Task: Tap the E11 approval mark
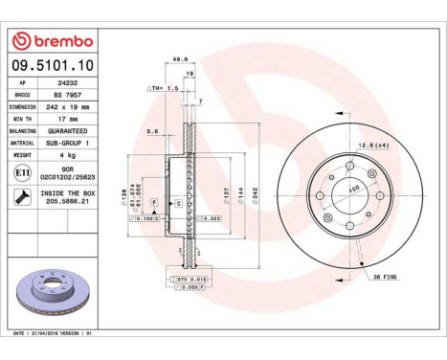pos(22,171)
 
